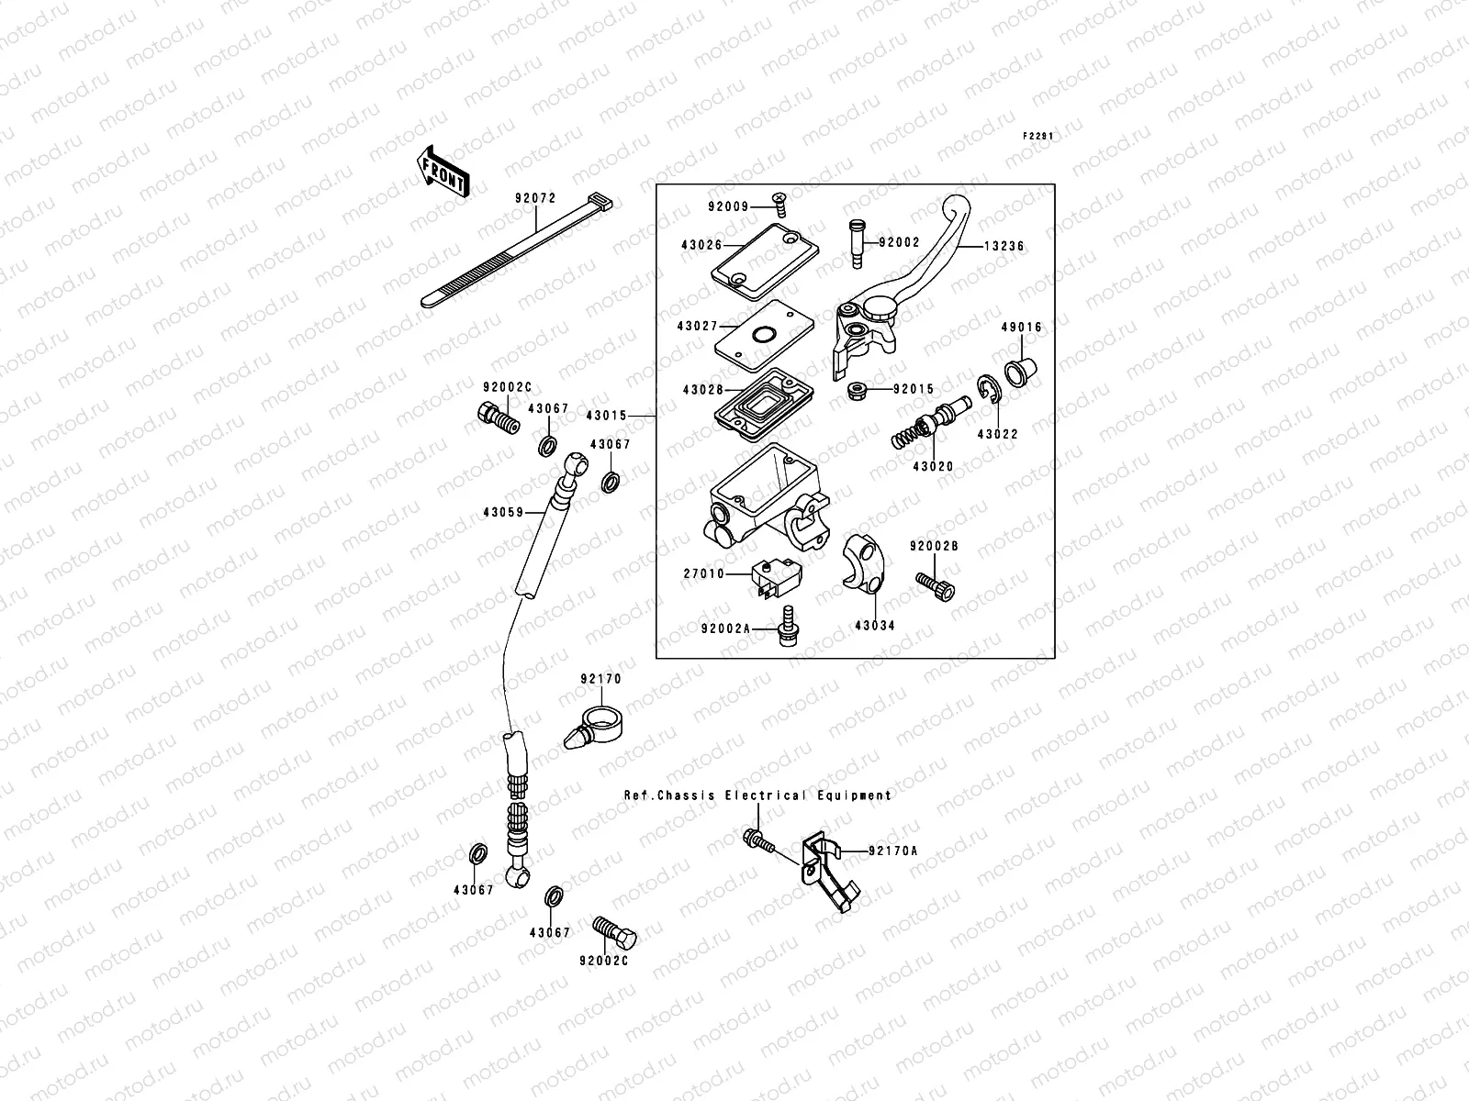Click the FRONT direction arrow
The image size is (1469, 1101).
click(x=444, y=171)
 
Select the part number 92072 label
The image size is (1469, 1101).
click(x=532, y=198)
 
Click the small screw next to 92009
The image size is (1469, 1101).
click(x=779, y=202)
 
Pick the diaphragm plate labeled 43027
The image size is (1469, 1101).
click(x=760, y=336)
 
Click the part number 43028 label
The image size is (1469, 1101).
click(x=702, y=390)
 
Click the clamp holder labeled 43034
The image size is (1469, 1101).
click(x=863, y=561)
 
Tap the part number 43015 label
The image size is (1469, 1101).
click(x=606, y=416)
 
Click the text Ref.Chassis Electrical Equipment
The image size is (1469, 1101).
click(x=757, y=795)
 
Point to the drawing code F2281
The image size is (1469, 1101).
click(x=1037, y=136)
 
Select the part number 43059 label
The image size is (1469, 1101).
click(x=501, y=513)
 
